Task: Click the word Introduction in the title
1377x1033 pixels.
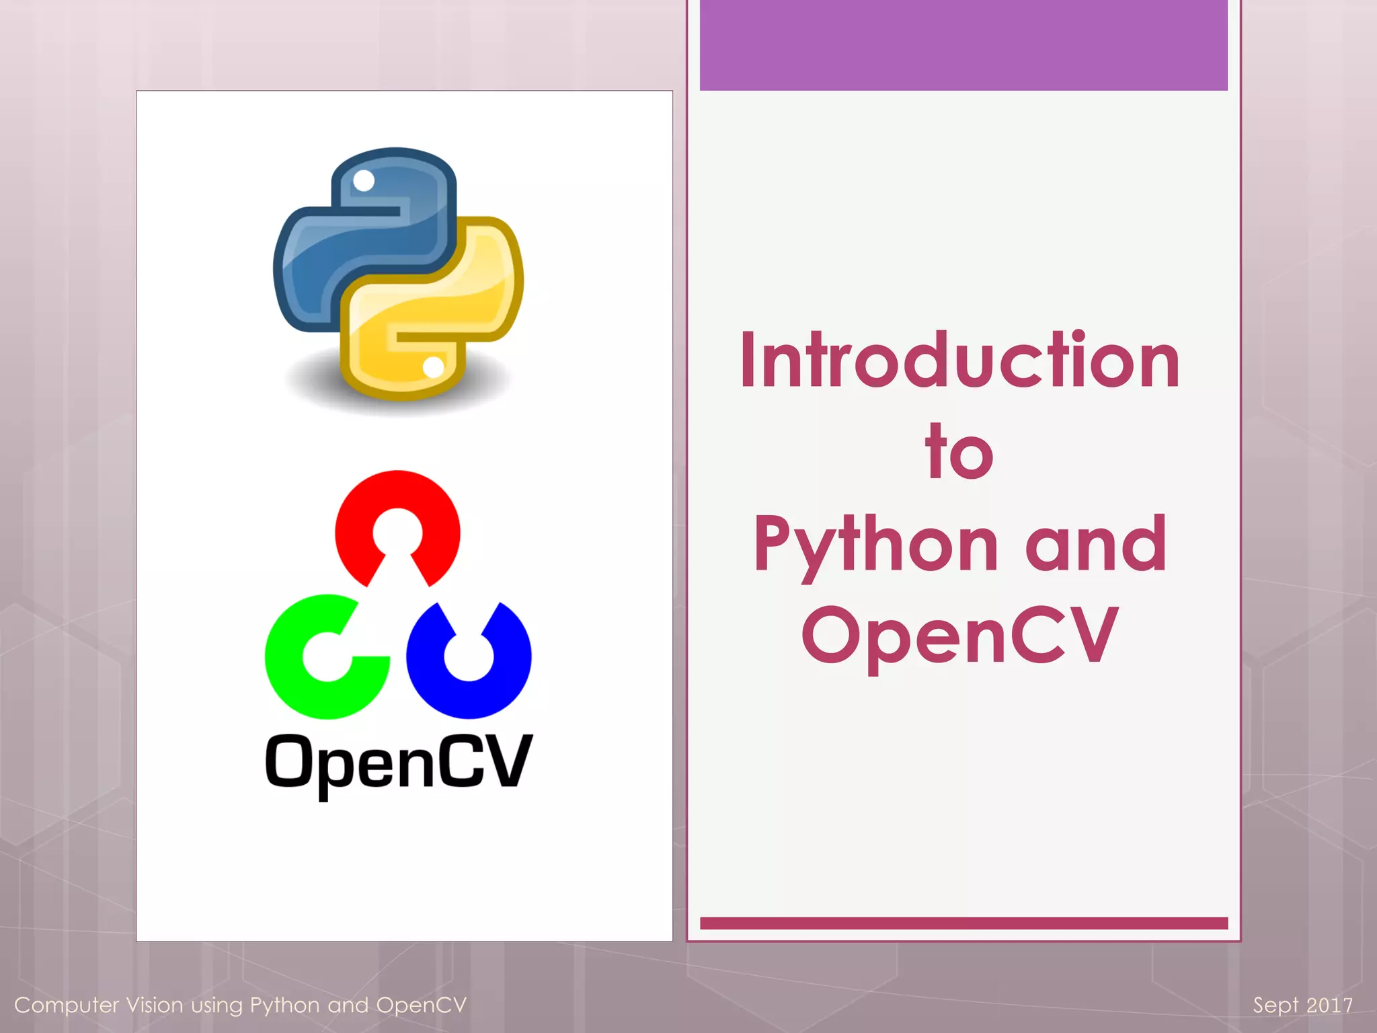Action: pyautogui.click(x=960, y=360)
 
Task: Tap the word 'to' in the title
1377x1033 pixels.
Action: pyautogui.click(x=959, y=452)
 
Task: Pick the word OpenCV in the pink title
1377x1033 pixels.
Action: pyautogui.click(x=959, y=636)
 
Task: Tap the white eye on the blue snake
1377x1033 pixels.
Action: pyautogui.click(x=364, y=180)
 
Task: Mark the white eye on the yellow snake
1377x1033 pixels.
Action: pyautogui.click(x=433, y=367)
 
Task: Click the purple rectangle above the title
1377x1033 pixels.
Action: pyautogui.click(x=963, y=45)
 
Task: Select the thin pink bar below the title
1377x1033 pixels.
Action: pyautogui.click(x=963, y=923)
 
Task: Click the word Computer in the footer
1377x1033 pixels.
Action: pyautogui.click(x=67, y=1005)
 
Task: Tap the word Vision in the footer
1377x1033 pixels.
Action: pyautogui.click(x=155, y=1005)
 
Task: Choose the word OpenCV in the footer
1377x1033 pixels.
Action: pyautogui.click(x=422, y=1005)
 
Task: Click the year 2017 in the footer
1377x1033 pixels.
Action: pyautogui.click(x=1330, y=1005)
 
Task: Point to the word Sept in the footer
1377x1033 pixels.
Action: pyautogui.click(x=1275, y=1005)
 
